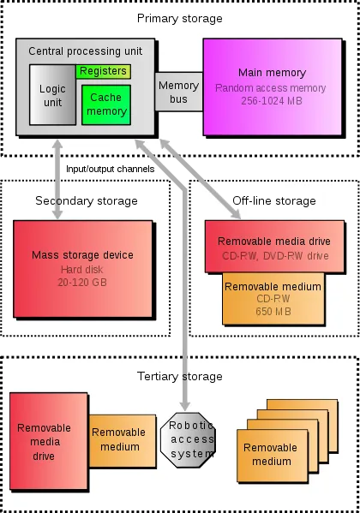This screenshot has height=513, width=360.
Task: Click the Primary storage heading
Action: click(x=179, y=18)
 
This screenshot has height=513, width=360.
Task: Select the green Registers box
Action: click(x=104, y=71)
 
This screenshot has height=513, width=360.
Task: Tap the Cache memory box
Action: click(x=107, y=104)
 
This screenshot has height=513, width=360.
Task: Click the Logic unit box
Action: click(x=52, y=97)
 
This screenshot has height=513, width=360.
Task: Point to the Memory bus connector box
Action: click(x=177, y=91)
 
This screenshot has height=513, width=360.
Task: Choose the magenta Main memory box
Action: click(x=266, y=86)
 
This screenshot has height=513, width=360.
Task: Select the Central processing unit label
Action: click(x=86, y=51)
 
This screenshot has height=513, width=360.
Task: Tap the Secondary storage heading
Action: click(x=86, y=200)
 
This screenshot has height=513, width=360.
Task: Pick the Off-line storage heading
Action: click(x=273, y=200)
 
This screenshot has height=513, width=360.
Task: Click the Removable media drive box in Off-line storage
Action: click(x=273, y=246)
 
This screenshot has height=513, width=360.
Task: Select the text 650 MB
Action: click(x=273, y=311)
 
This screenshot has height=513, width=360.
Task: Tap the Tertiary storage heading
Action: click(x=179, y=376)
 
